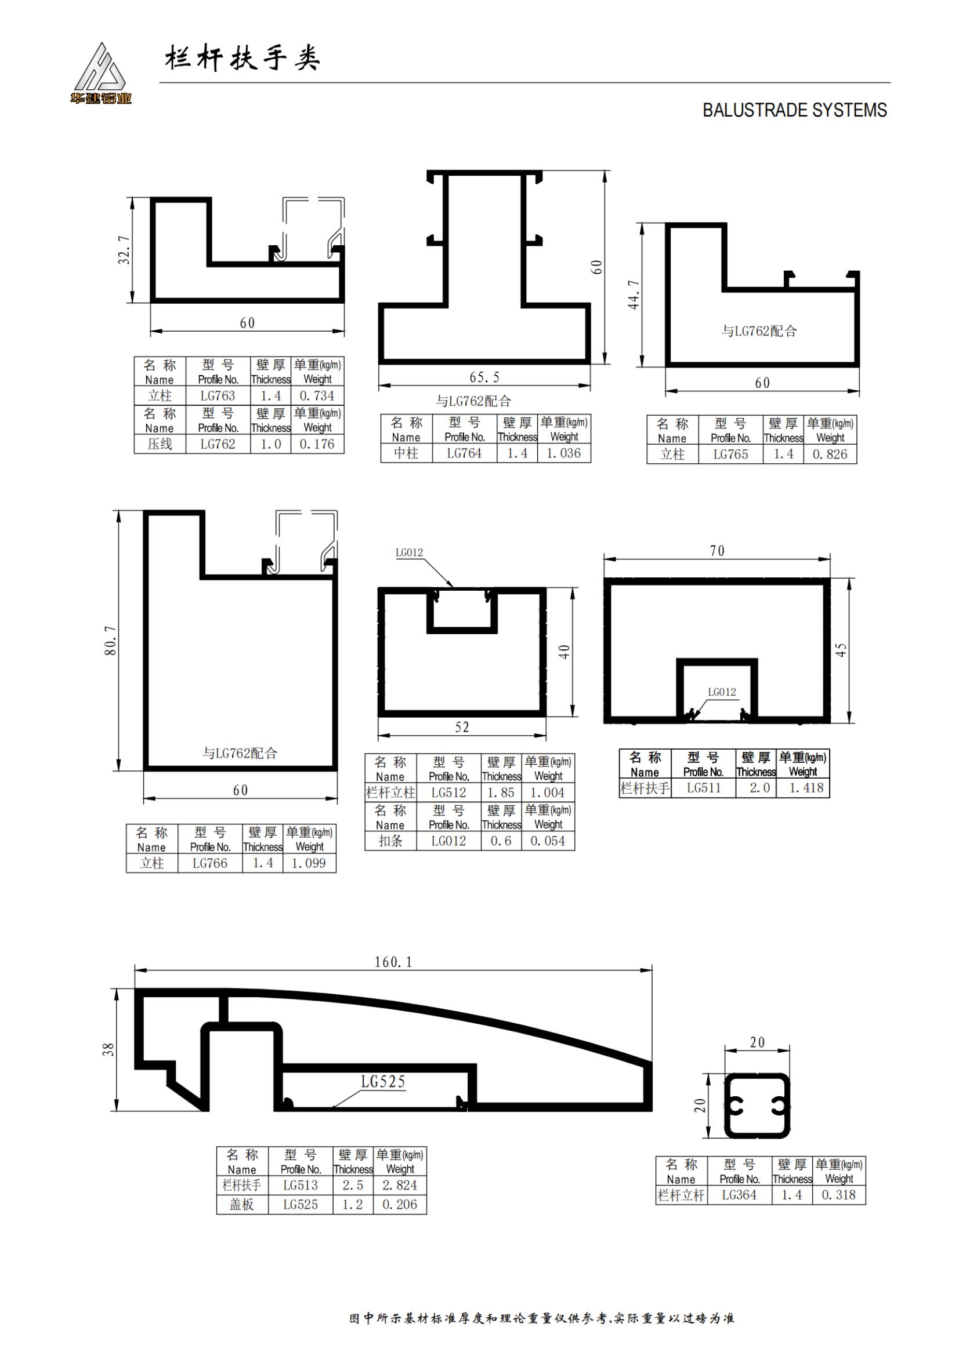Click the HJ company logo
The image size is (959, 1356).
100,73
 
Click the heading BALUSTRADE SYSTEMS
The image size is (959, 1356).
794,111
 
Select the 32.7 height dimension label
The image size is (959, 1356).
124,250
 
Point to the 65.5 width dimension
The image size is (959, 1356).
484,377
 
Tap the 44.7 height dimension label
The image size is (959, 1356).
634,294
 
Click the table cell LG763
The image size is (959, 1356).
218,396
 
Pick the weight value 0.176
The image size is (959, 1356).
317,444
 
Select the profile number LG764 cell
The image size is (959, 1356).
464,453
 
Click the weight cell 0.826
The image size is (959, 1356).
830,455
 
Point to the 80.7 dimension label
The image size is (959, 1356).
110,641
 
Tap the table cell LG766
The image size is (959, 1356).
210,863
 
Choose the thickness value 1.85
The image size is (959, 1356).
501,792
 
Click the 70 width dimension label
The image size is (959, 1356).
716,551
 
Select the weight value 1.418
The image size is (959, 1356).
806,788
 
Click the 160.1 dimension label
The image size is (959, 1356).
393,962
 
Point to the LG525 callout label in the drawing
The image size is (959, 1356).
383,1082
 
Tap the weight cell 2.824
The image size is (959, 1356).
399,1186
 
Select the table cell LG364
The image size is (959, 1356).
739,1195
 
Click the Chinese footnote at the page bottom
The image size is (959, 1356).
542,1319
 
